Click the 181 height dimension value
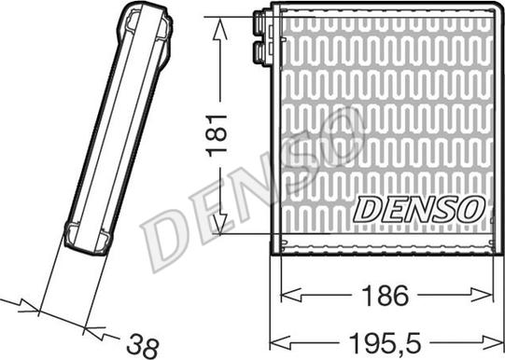(217, 135)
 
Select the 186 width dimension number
(386, 296)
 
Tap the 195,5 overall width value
(385, 343)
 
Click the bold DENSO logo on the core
(419, 210)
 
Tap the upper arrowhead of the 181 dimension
(219, 28)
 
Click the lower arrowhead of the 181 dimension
(220, 224)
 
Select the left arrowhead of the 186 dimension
(291, 295)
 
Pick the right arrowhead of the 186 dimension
(483, 295)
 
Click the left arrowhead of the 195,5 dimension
(280, 342)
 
